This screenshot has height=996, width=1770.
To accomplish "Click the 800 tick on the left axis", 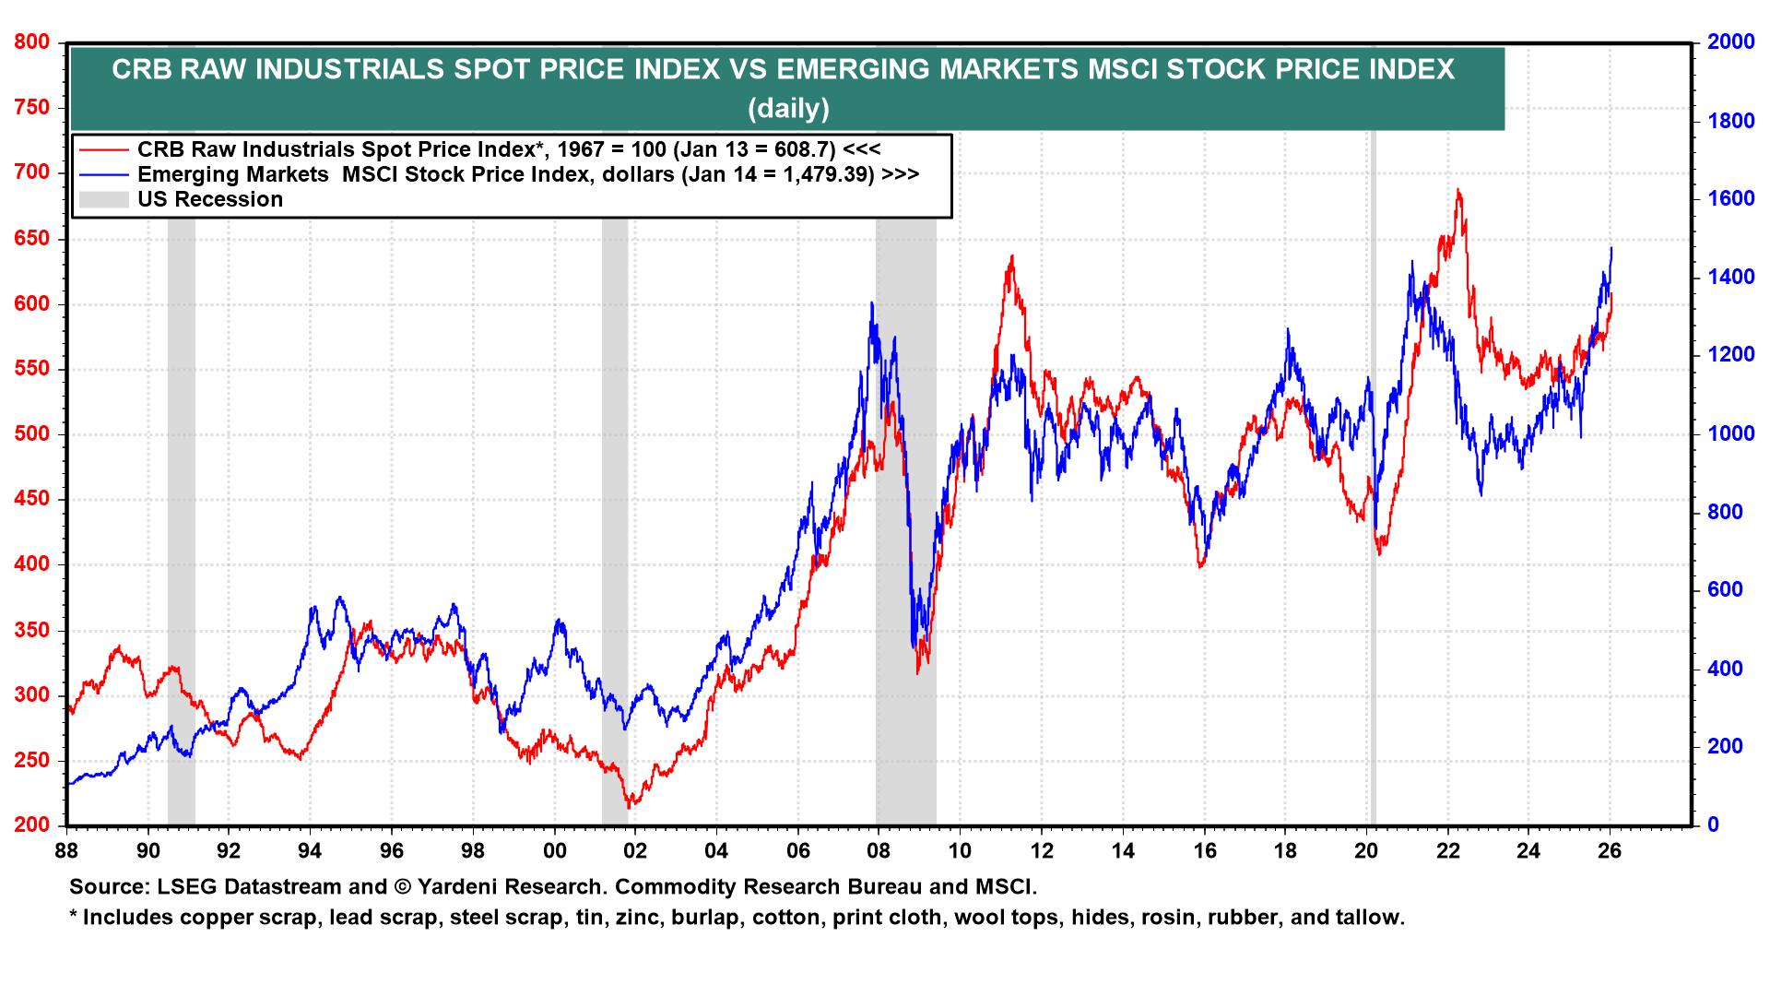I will (x=31, y=42).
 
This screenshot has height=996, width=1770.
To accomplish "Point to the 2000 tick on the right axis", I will (x=1730, y=42).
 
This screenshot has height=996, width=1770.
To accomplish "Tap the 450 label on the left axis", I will (x=31, y=499).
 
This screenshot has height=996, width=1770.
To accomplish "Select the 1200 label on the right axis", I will (x=1730, y=355).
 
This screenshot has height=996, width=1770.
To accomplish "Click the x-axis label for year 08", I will (x=879, y=850).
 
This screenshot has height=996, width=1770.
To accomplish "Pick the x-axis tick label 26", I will (x=1610, y=850).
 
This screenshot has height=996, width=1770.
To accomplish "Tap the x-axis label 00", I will (x=554, y=850).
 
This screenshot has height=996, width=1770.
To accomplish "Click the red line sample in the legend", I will (x=103, y=149).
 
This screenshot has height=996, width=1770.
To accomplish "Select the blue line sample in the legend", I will (x=103, y=174).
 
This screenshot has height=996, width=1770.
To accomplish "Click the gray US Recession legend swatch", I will (x=103, y=199).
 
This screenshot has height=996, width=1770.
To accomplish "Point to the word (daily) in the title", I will (x=788, y=109).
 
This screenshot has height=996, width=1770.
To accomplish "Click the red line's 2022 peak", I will (x=1457, y=191).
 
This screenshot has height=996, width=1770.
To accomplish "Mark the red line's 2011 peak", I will (x=1012, y=257).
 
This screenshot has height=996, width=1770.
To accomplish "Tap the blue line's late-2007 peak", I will (x=871, y=303).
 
